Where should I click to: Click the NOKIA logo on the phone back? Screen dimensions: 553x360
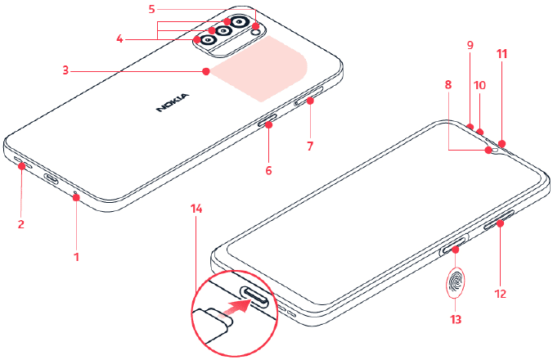(x=173, y=102)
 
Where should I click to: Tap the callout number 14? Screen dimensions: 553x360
(x=196, y=209)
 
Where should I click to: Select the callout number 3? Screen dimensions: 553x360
(x=65, y=70)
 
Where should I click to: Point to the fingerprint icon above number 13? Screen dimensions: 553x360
(x=456, y=281)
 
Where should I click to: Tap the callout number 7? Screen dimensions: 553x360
(x=310, y=146)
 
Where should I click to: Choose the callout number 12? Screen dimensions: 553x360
(x=501, y=294)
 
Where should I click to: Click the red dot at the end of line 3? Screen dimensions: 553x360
(x=206, y=71)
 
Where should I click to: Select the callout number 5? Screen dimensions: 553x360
(x=151, y=9)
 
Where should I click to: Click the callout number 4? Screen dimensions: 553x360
(x=120, y=38)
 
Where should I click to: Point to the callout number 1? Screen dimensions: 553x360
(x=77, y=257)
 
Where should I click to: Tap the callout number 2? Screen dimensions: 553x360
(x=21, y=224)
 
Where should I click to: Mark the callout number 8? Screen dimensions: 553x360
(x=448, y=84)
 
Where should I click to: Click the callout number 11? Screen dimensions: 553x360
(x=501, y=54)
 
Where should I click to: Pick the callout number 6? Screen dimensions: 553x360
(x=269, y=171)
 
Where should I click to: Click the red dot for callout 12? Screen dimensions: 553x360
(x=501, y=223)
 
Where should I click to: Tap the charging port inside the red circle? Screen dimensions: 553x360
(x=254, y=296)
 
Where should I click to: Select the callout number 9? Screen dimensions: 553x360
(x=470, y=45)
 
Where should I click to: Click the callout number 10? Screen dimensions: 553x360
(x=479, y=85)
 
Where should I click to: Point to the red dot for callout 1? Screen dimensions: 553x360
(x=76, y=198)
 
